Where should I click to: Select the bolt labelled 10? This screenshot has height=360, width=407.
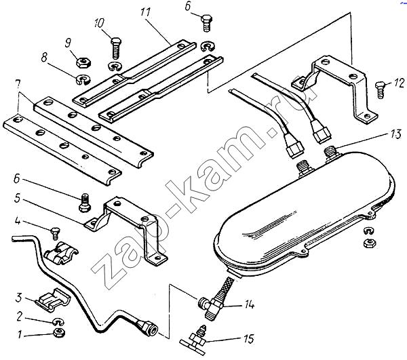(117, 47)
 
